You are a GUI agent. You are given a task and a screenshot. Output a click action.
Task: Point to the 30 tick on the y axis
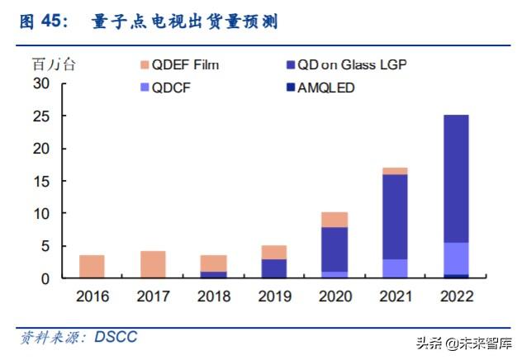click(x=42, y=83)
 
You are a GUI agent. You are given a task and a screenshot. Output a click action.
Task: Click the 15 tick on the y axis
click(x=42, y=181)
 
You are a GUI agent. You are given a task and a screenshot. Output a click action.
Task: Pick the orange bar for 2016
click(x=92, y=267)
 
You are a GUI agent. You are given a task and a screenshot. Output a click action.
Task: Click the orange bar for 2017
click(x=153, y=264)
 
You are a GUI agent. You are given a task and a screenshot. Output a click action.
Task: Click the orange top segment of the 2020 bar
click(x=335, y=220)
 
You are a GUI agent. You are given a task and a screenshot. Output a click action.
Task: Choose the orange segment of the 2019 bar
click(x=273, y=252)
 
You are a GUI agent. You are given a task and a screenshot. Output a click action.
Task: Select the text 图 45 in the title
click(x=43, y=22)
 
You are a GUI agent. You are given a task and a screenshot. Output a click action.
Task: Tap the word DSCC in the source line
click(x=115, y=337)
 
